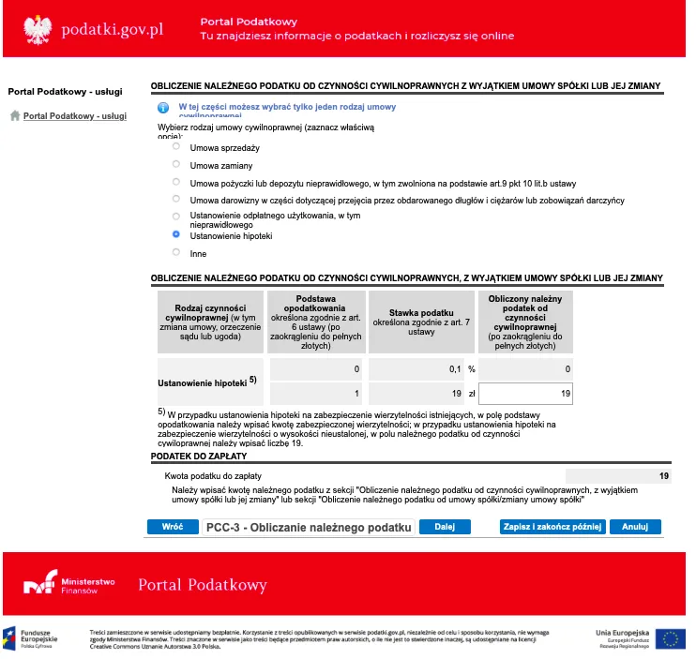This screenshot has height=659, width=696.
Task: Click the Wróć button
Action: coord(172,527)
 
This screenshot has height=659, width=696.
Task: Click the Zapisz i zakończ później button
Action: coord(552,527)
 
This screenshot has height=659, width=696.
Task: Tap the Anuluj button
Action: coord(636,527)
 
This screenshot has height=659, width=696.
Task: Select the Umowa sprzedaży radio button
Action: coord(175,147)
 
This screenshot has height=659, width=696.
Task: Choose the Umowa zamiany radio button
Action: coord(175,164)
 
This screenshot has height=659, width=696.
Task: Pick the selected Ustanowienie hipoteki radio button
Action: coord(175,235)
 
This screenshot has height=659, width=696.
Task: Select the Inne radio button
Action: coord(175,253)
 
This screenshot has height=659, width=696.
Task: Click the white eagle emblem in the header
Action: coord(36,29)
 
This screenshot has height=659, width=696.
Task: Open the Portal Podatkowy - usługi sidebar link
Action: coord(74,116)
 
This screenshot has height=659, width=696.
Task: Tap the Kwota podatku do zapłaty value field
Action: coord(618,477)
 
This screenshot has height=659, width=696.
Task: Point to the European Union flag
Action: coord(670,637)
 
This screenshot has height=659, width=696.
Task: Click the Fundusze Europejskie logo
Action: coord(32,637)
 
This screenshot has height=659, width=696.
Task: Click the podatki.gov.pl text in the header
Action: coord(112,29)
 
